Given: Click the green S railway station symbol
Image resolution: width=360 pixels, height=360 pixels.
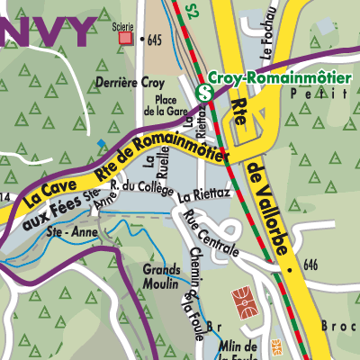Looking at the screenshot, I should [x=205, y=92].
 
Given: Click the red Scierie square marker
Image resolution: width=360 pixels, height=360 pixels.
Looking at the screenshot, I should [x=124, y=39].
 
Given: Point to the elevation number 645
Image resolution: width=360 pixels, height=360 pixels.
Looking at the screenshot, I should [x=155, y=40].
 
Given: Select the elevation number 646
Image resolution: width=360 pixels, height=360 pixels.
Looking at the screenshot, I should [x=312, y=265].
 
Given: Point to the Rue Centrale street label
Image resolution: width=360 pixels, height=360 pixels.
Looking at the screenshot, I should [x=209, y=232].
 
